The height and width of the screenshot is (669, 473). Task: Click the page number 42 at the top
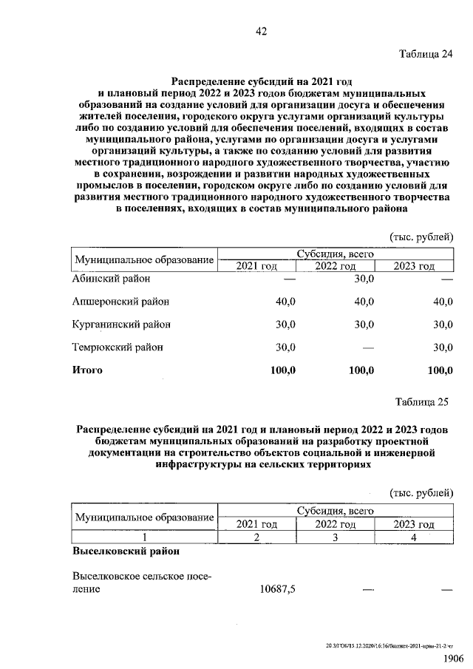click(261, 31)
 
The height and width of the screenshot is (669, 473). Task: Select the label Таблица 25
click(423, 402)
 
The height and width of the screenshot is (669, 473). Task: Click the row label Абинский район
click(111, 279)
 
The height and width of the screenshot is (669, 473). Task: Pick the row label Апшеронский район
click(120, 302)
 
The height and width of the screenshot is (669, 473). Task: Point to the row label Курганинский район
click(121, 324)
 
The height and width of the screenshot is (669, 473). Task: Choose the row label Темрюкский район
click(118, 347)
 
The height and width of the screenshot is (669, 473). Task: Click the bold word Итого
click(87, 370)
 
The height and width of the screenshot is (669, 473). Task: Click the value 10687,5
click(278, 589)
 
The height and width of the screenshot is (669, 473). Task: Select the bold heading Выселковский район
click(125, 551)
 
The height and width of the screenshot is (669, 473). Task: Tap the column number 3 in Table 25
click(335, 537)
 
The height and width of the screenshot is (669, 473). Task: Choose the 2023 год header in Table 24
click(414, 266)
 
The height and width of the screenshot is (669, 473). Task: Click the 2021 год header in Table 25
click(256, 524)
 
